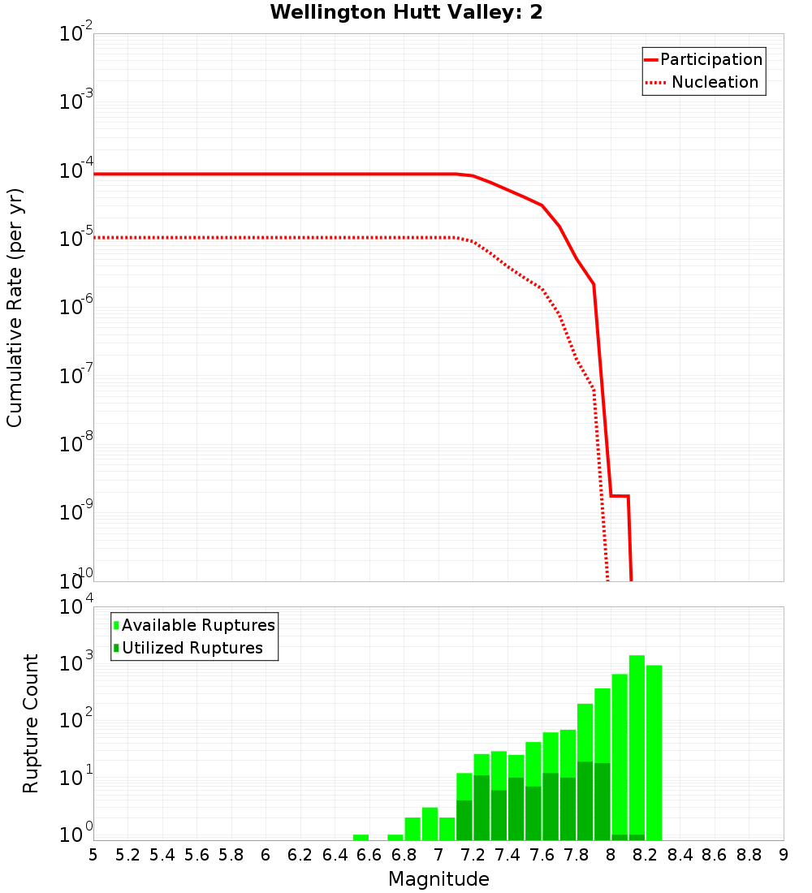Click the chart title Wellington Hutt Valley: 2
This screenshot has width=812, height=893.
(406, 12)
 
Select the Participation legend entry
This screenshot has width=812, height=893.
(710, 59)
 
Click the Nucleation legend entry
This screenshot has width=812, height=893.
(714, 82)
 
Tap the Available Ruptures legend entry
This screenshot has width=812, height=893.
(198, 625)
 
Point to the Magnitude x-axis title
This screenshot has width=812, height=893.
(438, 879)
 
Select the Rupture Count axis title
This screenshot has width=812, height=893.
(31, 723)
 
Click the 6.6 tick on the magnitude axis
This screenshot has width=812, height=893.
(369, 855)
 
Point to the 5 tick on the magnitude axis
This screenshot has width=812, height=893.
(93, 855)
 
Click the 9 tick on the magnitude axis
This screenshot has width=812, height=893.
(783, 855)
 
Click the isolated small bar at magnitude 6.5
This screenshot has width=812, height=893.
(361, 837)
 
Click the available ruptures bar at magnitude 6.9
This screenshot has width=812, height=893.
(430, 823)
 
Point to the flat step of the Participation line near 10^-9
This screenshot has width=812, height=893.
(620, 495)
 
